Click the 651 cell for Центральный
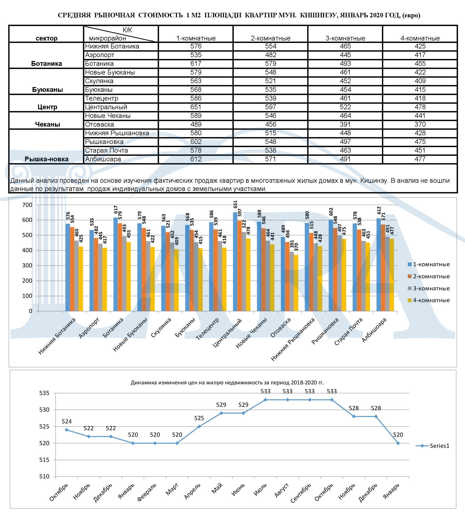196,107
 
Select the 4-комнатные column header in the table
420,38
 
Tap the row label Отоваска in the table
100,124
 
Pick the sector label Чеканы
47,124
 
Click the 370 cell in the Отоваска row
420,124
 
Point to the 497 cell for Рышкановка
345,142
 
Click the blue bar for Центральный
235,262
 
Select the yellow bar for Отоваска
296,283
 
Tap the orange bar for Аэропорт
96,275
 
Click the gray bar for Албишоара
387,274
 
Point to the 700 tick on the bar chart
27,205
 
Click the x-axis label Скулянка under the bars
161,328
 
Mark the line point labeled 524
67,430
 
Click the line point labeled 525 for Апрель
199,427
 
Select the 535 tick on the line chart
44,393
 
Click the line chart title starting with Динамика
227,383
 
